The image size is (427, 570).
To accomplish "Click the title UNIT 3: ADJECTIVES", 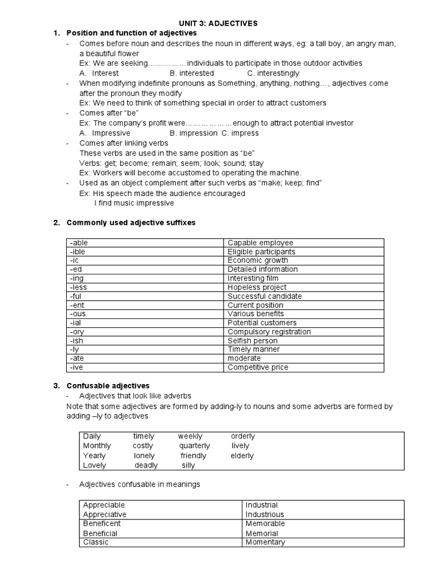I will click(218, 23).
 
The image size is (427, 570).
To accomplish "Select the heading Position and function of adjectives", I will click(131, 33).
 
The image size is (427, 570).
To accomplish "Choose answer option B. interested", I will click(192, 73).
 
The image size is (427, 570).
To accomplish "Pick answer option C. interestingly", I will click(273, 73).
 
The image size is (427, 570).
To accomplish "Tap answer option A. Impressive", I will click(105, 133).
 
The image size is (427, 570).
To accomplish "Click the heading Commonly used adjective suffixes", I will click(131, 223).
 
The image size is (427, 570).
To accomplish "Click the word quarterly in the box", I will click(195, 445).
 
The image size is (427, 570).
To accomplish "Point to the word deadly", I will click(146, 465).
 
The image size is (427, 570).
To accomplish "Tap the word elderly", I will click(242, 455).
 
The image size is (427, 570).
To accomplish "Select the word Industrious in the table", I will click(265, 514).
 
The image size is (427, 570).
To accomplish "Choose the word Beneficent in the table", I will click(102, 523).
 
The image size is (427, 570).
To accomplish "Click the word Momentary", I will click(265, 542).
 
